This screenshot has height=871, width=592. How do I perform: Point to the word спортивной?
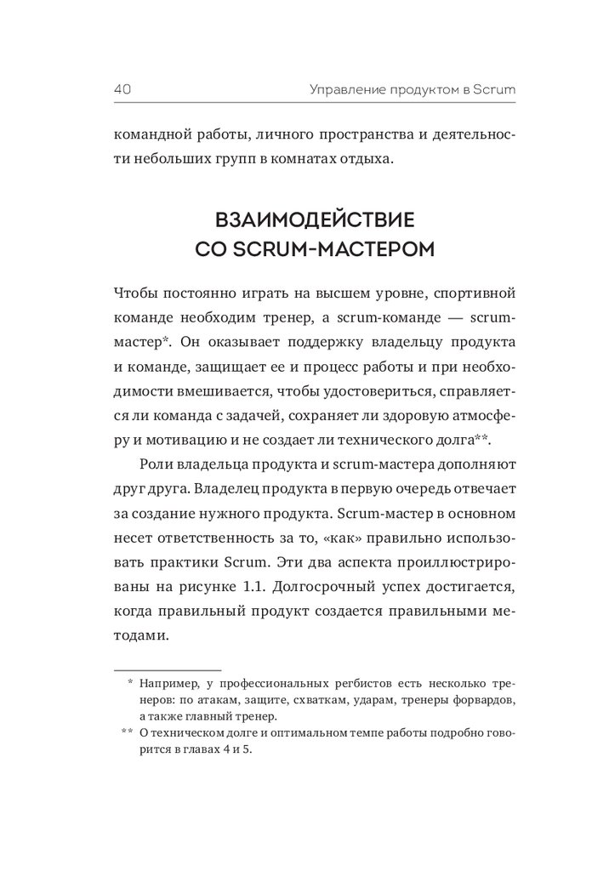click(x=473, y=293)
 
